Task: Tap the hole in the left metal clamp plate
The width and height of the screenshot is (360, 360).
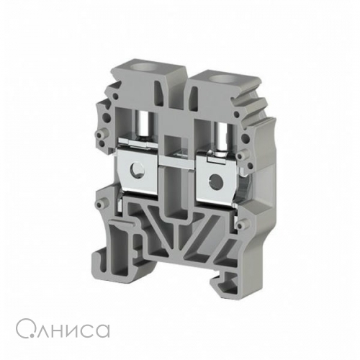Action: tap(136, 170)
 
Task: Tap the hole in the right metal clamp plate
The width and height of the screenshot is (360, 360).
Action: tap(215, 179)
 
